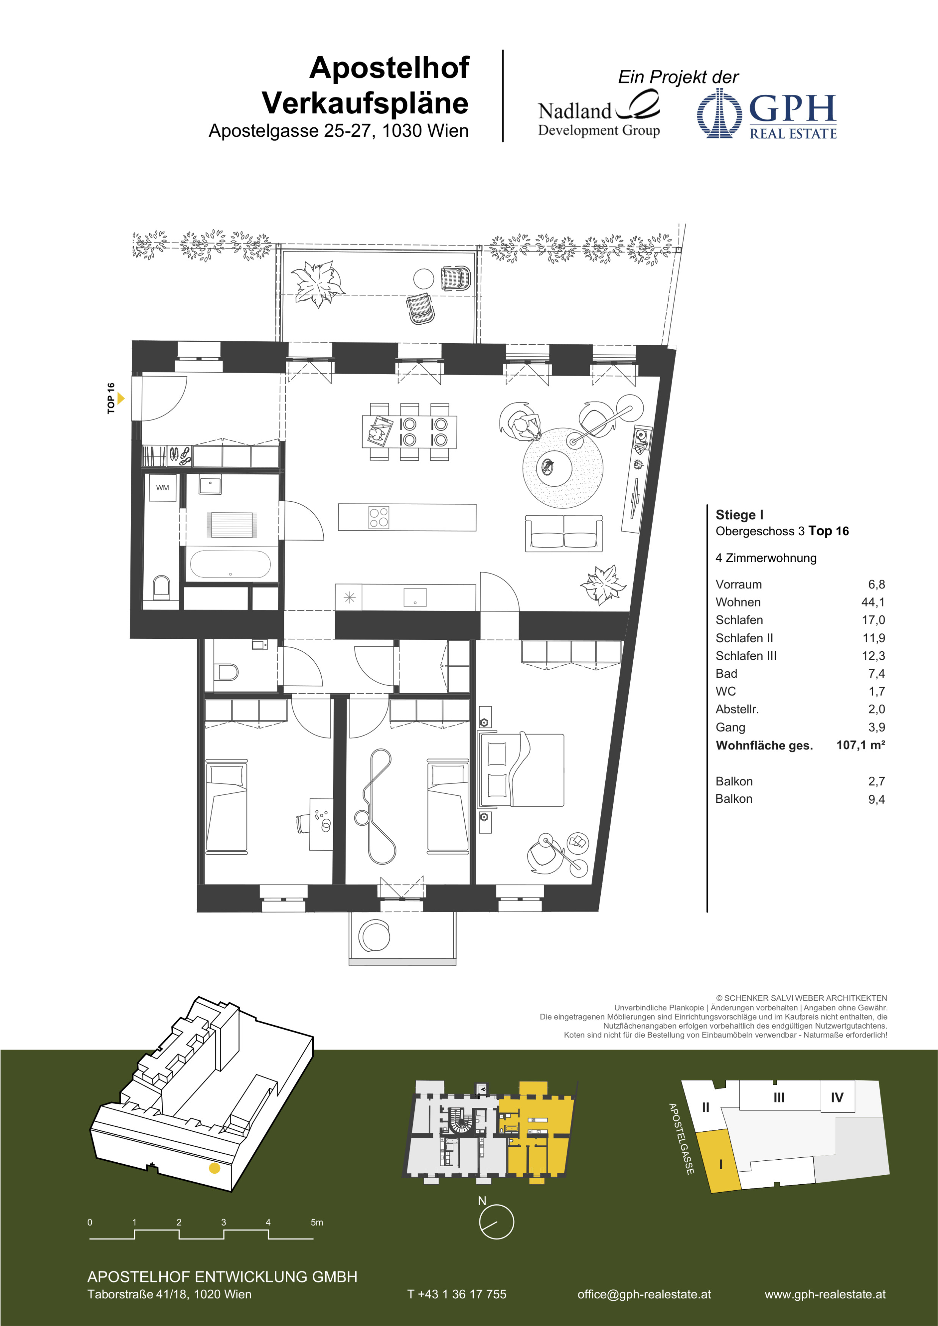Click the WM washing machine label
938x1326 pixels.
[162, 488]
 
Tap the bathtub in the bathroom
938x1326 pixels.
[230, 564]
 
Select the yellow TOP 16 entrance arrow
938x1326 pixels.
[121, 398]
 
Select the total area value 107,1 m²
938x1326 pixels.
[861, 745]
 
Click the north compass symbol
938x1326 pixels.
[496, 1221]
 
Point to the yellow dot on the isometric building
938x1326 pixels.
[214, 1168]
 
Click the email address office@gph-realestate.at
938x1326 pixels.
[644, 1294]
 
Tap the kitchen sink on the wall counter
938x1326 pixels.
[415, 597]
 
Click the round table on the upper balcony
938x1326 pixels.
[423, 279]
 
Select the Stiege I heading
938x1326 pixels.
[739, 514]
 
